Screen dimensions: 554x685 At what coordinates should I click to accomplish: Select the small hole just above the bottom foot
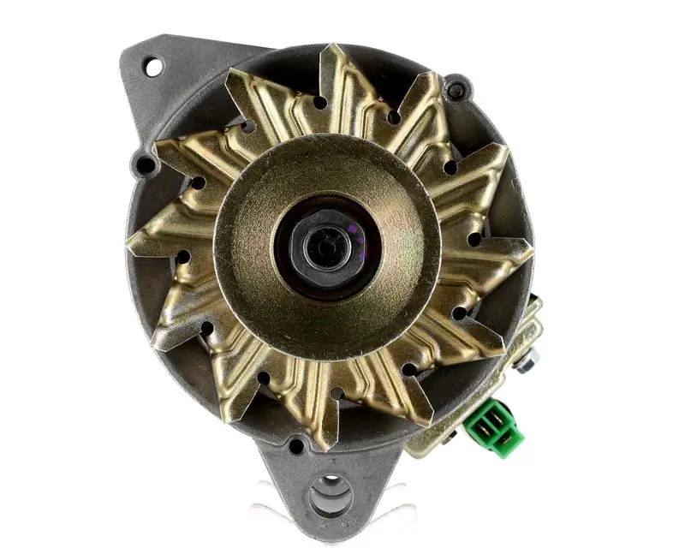(296, 445)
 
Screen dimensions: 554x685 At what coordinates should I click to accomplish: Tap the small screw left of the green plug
(449, 436)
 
